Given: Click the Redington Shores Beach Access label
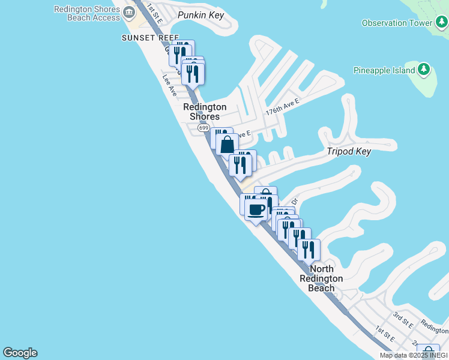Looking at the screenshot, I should [87, 13].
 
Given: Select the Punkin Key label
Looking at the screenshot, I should [200, 13].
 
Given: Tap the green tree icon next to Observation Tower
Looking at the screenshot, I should [441, 23].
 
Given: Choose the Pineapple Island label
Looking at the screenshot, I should [384, 70].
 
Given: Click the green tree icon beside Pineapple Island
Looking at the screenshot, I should [424, 70].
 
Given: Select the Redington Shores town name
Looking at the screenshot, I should [205, 112].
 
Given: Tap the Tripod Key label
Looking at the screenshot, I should [349, 151].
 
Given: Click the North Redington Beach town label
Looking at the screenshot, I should [321, 278].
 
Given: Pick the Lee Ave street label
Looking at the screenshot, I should [169, 85].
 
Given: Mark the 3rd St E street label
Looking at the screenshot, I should [403, 318].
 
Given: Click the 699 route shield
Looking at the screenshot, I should [203, 128].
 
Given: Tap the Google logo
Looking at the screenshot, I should [20, 353].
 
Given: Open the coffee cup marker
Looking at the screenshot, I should [256, 209].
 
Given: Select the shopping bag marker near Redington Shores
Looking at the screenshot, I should [228, 145].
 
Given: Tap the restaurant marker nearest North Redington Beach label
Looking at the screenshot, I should [309, 250].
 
